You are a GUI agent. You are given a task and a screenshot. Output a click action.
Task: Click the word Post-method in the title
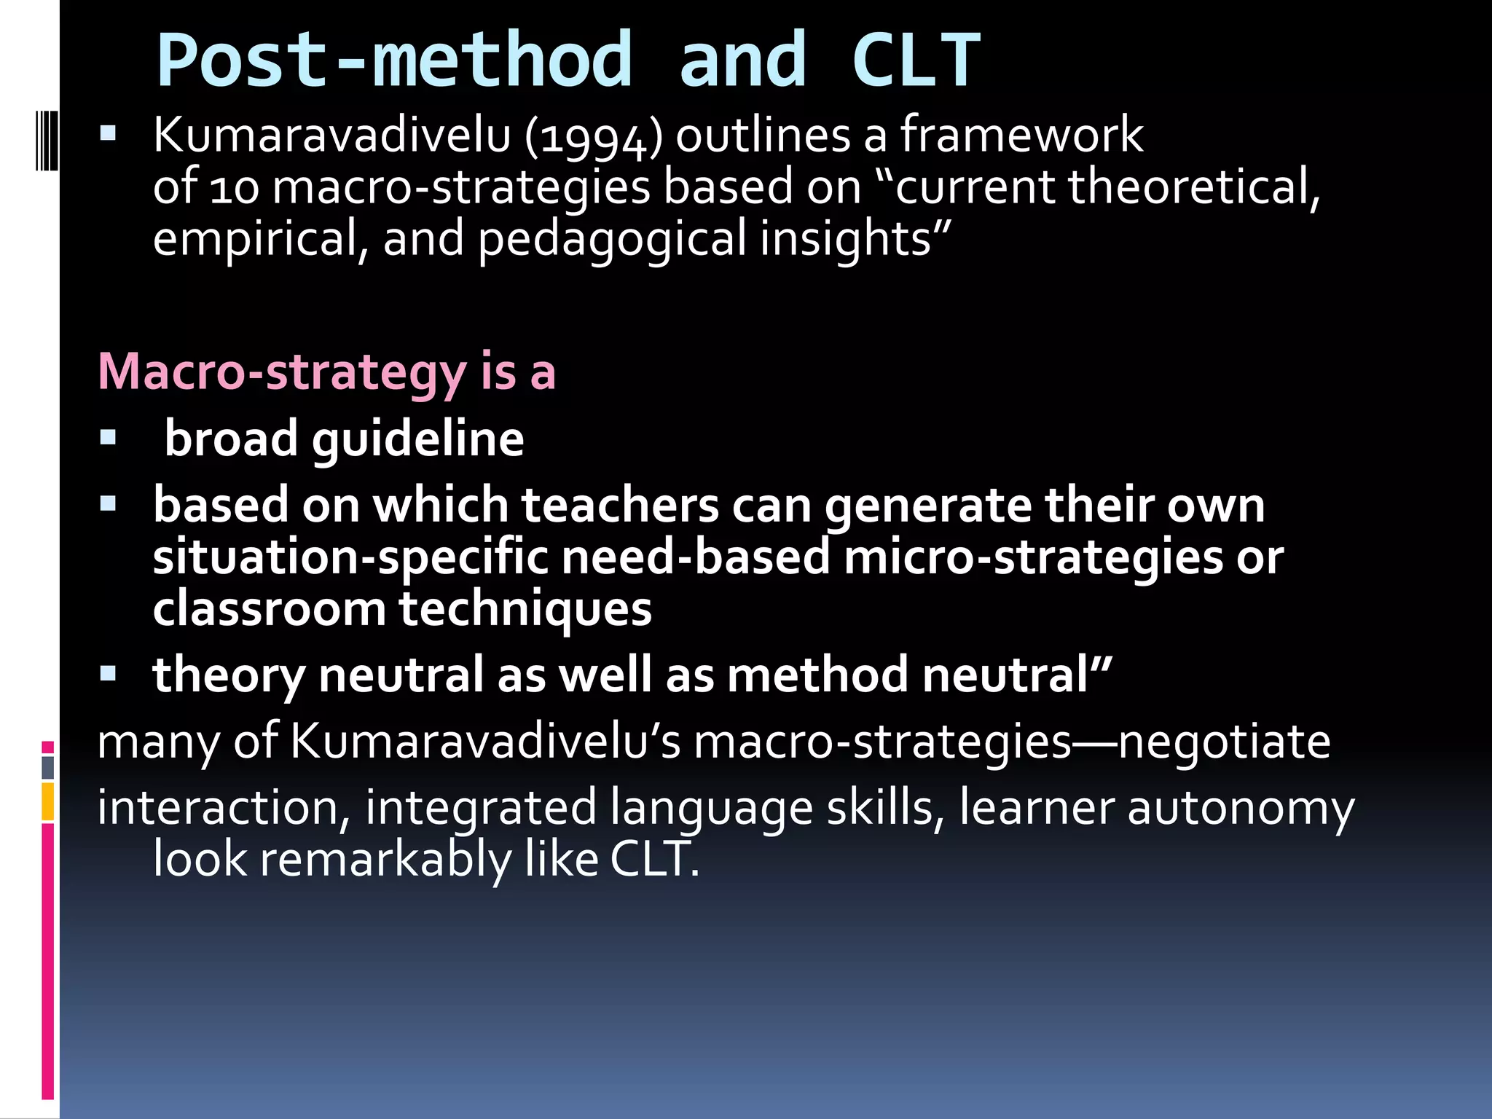pyautogui.click(x=394, y=61)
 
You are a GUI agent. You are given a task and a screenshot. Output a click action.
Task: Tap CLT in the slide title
pyautogui.click(x=916, y=61)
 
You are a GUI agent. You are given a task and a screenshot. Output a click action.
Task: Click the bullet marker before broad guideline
pyautogui.click(x=109, y=437)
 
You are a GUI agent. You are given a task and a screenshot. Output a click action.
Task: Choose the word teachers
pyautogui.click(x=620, y=505)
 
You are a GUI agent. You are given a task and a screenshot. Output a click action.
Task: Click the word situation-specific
pyautogui.click(x=350, y=557)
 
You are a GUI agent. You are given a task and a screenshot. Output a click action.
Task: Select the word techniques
pyautogui.click(x=525, y=609)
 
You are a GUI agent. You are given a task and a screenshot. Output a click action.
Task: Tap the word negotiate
pyautogui.click(x=1224, y=742)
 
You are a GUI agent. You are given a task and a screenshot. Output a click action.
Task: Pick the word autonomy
pyautogui.click(x=1241, y=808)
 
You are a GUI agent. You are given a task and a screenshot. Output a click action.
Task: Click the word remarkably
pyautogui.click(x=386, y=860)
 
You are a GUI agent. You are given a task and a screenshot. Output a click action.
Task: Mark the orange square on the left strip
pyautogui.click(x=48, y=801)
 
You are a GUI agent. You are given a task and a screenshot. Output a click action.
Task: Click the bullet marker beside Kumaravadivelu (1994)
pyautogui.click(x=109, y=133)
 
